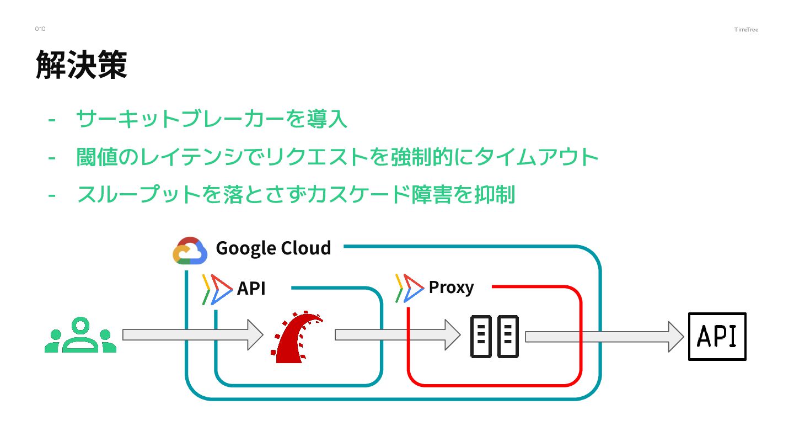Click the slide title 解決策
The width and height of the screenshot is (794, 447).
coord(82,65)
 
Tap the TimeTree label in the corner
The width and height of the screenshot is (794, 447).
coord(746,30)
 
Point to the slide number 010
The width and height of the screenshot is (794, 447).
coord(40,29)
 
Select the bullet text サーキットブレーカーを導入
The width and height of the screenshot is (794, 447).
coord(212,119)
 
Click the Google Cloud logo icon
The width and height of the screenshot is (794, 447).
coord(190,252)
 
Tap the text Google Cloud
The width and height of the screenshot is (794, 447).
coord(273,248)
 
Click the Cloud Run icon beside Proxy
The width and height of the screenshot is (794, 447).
coord(409,288)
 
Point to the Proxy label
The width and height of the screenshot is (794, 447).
coord(451,288)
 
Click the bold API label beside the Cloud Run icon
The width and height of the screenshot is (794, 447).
coord(251,288)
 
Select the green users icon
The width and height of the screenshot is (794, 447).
coord(81,335)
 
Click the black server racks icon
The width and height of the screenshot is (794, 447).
coord(494,336)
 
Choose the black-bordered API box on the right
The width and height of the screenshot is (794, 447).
coord(717,336)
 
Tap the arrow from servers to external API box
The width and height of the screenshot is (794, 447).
coord(604,337)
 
